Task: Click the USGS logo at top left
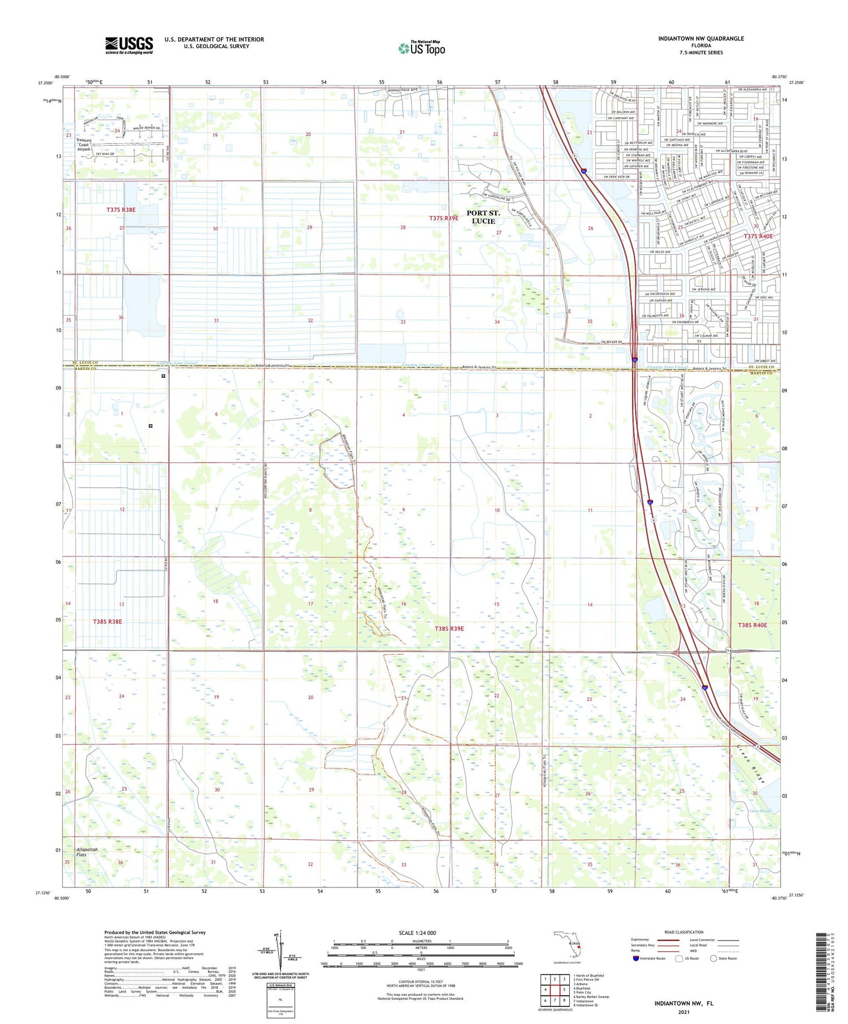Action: coord(129,45)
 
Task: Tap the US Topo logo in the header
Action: coord(422,48)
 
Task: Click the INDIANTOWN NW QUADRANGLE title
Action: coord(700,39)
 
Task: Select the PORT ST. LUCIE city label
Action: coord(483,217)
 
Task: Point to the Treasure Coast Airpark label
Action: coord(84,145)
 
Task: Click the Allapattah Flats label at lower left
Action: coord(87,852)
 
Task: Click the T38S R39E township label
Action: coord(449,629)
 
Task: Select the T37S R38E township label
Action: coord(121,210)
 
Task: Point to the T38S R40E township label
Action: coord(752,625)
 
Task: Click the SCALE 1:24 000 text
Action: coord(417,933)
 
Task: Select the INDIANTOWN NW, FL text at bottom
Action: coord(683,1004)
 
